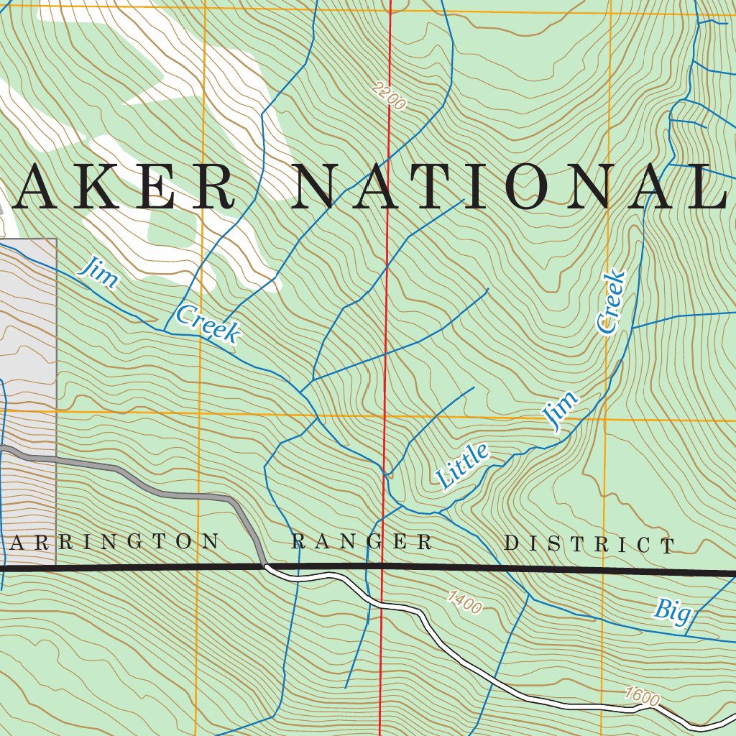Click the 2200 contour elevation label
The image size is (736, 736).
pyautogui.click(x=389, y=96)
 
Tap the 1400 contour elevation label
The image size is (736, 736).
pyautogui.click(x=464, y=602)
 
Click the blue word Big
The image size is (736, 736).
pyautogui.click(x=672, y=611)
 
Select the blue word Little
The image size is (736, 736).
pyautogui.click(x=463, y=466)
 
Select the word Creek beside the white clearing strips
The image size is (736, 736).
pyautogui.click(x=207, y=323)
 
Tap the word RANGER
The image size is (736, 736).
pyautogui.click(x=362, y=542)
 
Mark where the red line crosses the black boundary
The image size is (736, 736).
pyautogui.click(x=382, y=568)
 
